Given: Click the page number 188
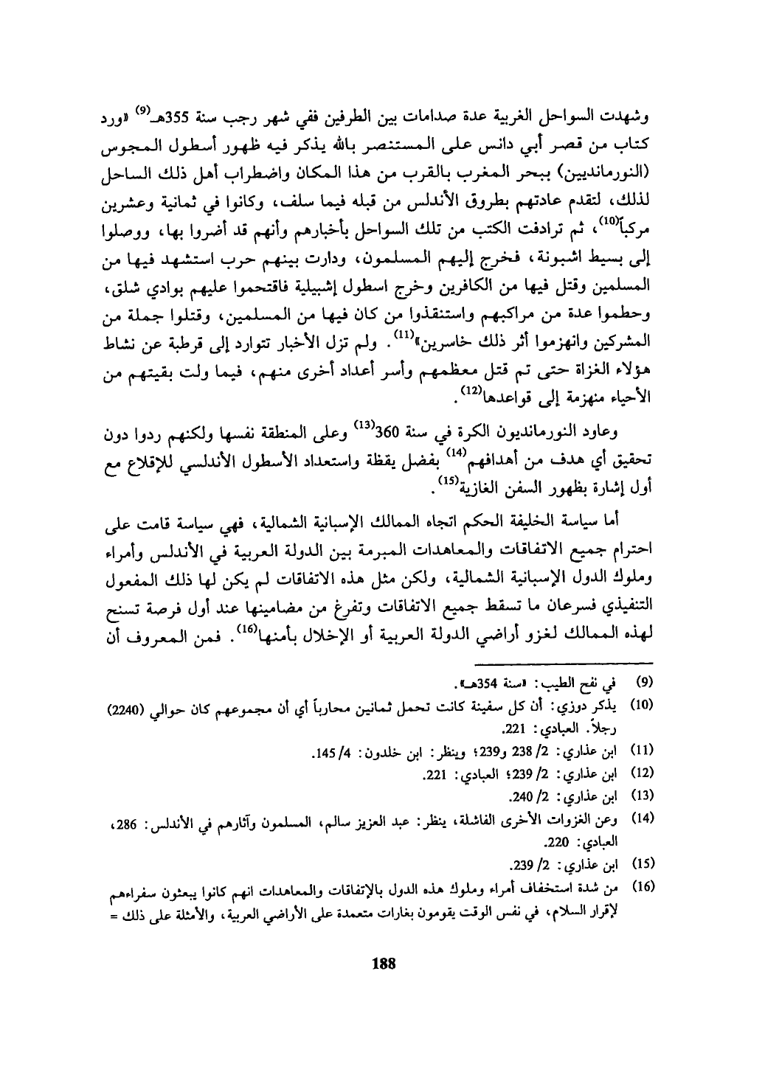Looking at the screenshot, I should point(384,963).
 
